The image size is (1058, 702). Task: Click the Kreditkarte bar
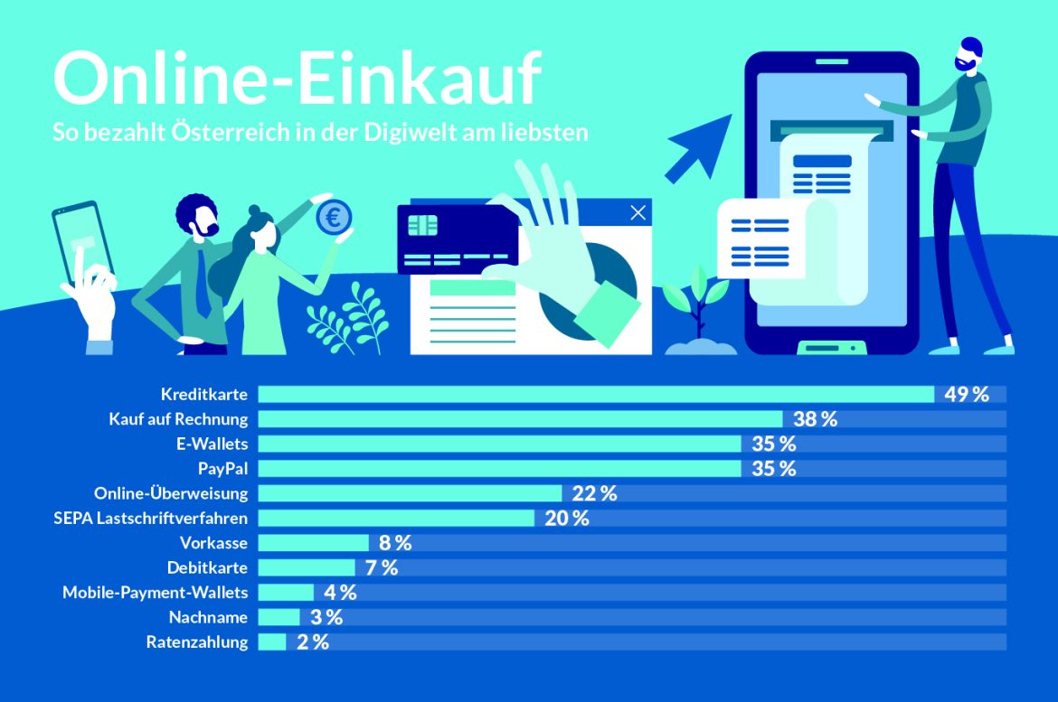click(x=595, y=394)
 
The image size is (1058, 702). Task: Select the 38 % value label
click(x=815, y=419)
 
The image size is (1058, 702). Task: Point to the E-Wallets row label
click(x=213, y=444)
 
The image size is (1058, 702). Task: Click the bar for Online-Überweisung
click(x=410, y=493)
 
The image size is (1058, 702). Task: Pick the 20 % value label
click(x=566, y=519)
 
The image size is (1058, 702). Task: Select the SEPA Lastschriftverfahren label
click(x=151, y=519)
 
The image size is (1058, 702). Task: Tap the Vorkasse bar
click(x=313, y=543)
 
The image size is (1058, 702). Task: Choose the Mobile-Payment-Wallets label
click(x=155, y=593)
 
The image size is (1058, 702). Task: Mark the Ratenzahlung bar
click(x=271, y=642)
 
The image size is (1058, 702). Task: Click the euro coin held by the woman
click(x=333, y=217)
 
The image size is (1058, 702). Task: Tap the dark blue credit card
click(x=457, y=239)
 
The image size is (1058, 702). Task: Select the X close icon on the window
click(x=638, y=212)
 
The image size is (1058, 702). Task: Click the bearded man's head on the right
click(x=970, y=56)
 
